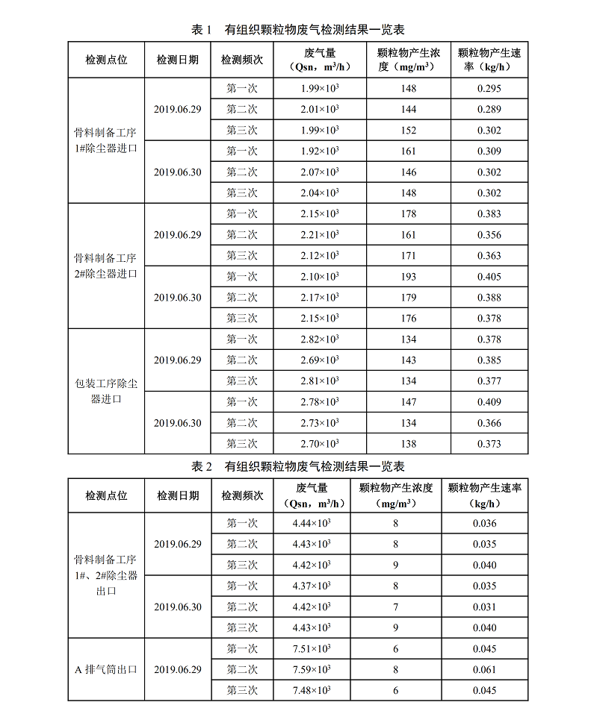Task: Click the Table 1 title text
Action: point(297,30)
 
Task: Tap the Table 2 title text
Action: point(297,467)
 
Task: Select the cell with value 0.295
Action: point(489,89)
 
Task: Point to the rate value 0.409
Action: point(489,402)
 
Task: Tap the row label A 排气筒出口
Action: point(106,669)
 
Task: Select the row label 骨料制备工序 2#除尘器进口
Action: point(106,266)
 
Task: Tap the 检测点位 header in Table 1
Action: point(106,60)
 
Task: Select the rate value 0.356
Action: point(489,235)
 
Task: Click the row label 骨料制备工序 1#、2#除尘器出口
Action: point(106,575)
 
